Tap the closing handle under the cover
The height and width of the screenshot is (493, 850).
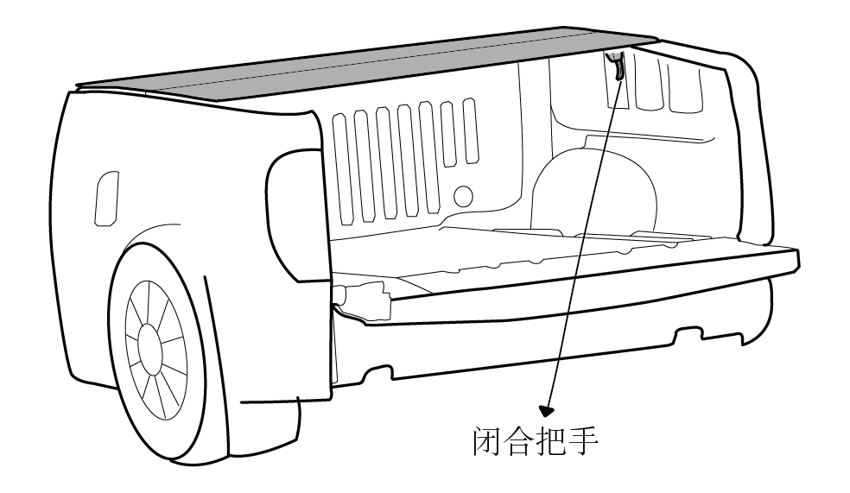point(617,66)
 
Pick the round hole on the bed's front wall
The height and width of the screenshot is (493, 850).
point(463,196)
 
